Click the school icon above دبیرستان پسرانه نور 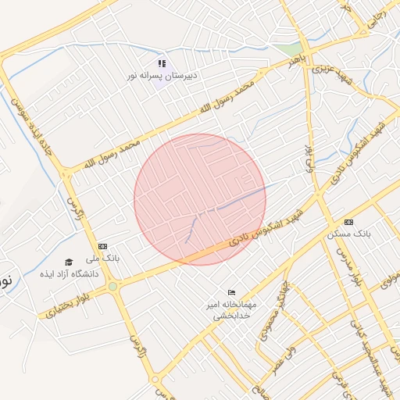click(162, 63)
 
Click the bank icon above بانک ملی click(103, 246)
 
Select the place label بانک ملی click(103, 258)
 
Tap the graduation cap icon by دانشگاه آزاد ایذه click(69, 262)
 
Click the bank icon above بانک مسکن click(348, 222)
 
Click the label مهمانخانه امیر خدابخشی click(229, 307)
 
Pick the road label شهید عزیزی click(327, 69)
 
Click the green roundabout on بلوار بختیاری click(114, 287)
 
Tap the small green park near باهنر click(286, 48)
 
